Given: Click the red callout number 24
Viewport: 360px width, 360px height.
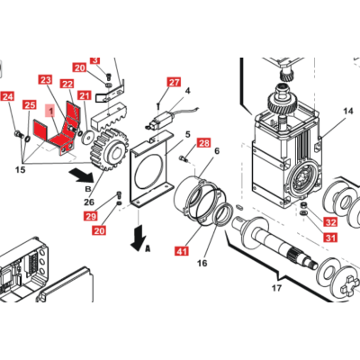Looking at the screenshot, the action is pyautogui.click(x=7, y=96).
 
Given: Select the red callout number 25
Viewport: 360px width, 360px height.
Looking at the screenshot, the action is pyautogui.click(x=30, y=104).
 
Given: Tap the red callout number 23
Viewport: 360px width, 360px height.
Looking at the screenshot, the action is pyautogui.click(x=46, y=80).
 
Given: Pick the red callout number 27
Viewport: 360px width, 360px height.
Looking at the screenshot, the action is pyautogui.click(x=174, y=82).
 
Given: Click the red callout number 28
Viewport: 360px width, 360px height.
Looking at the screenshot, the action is pyautogui.click(x=203, y=143).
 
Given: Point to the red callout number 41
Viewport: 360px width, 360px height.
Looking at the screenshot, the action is pyautogui.click(x=182, y=251).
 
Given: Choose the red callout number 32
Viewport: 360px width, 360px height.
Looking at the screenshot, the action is pyautogui.click(x=330, y=222).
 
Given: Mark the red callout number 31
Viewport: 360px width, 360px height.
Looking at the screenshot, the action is pyautogui.click(x=330, y=238).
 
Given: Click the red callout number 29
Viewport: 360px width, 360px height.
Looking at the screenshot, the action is pyautogui.click(x=91, y=216).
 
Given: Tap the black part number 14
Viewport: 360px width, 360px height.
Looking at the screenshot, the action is pyautogui.click(x=348, y=112).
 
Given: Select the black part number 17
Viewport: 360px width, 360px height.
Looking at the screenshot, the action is pyautogui.click(x=276, y=288).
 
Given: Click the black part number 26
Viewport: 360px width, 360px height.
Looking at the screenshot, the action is pyautogui.click(x=89, y=202).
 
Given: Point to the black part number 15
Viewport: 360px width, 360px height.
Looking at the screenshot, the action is pyautogui.click(x=20, y=170).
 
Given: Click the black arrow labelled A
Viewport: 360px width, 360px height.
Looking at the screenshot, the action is pyautogui.click(x=139, y=238).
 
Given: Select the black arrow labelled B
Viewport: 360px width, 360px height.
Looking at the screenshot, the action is pyautogui.click(x=83, y=175).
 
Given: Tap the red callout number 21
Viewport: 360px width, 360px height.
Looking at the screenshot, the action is pyautogui.click(x=85, y=95).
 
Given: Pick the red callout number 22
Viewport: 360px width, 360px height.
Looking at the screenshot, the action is pyautogui.click(x=67, y=84).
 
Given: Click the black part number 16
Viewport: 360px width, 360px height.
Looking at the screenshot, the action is pyautogui.click(x=202, y=263).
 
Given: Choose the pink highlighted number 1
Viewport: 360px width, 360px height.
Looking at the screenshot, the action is pyautogui.click(x=50, y=112).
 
